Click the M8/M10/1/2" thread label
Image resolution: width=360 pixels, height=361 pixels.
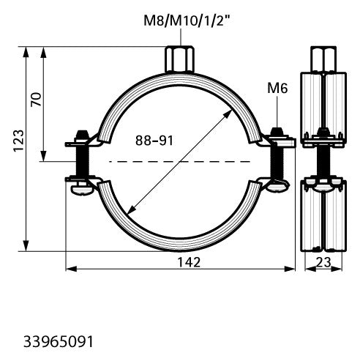[187, 21]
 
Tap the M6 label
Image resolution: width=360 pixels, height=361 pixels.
[277, 88]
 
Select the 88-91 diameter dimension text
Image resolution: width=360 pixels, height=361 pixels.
[154, 141]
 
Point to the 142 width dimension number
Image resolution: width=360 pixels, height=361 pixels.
[189, 262]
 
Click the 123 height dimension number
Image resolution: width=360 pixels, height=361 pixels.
[18, 141]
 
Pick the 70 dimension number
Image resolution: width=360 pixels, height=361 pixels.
[36, 100]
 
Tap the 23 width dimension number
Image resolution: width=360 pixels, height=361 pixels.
[323, 262]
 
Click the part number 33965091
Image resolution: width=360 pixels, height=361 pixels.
[59, 341]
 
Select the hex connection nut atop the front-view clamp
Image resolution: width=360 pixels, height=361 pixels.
[180, 59]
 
